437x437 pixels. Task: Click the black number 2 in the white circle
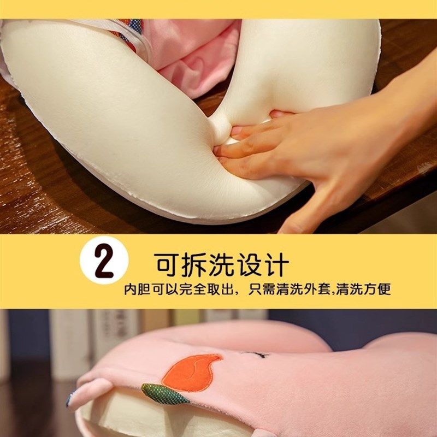click(104, 264)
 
